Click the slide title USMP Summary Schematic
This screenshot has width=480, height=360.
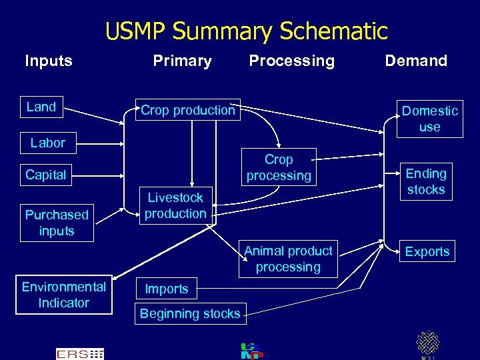246,31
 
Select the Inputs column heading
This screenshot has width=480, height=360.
48,61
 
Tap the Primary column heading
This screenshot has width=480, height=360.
182,61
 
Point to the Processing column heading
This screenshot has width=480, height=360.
291,61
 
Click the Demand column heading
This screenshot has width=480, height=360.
416,61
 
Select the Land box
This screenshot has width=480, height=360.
41,107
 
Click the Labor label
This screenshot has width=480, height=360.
48,143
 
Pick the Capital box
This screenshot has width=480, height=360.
45,175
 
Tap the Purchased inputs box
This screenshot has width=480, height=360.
57,223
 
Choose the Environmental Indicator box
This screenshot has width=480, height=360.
64,295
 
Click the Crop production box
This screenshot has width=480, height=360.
187,111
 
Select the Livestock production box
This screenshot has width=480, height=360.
175,205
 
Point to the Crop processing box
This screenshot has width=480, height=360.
279,168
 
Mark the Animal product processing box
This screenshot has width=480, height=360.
288,259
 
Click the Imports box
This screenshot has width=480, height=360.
167,289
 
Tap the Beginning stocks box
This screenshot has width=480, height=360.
190,313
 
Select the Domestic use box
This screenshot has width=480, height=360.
429,119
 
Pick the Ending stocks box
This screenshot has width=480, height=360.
426,181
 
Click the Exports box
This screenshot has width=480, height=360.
427,251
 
